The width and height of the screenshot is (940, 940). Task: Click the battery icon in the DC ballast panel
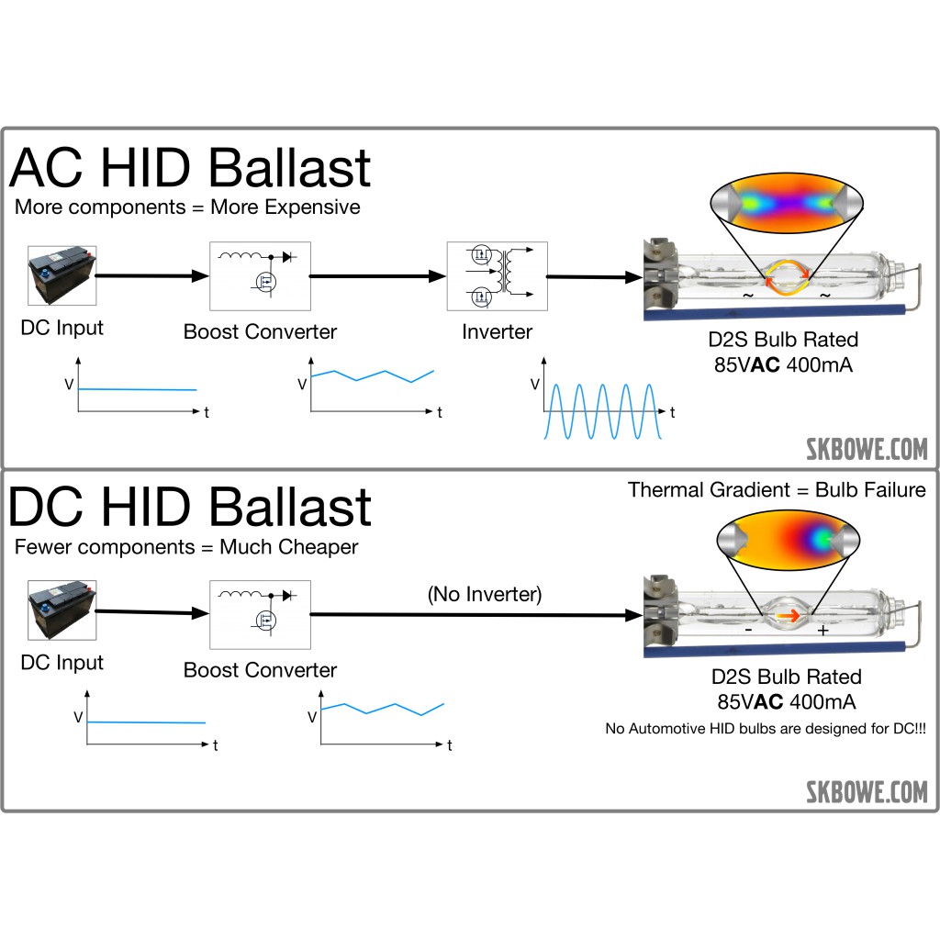pyautogui.click(x=62, y=611)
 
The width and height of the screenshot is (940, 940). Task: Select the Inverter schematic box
pyautogui.click(x=497, y=276)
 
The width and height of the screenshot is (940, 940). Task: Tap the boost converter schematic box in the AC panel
pyautogui.click(x=261, y=276)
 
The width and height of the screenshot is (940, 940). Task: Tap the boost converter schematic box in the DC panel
pyautogui.click(x=261, y=615)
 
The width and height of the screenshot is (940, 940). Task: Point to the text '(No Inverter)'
pyautogui.click(x=485, y=594)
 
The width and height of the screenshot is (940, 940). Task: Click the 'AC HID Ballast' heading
pyautogui.click(x=190, y=168)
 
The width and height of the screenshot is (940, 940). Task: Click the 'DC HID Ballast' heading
pyautogui.click(x=190, y=507)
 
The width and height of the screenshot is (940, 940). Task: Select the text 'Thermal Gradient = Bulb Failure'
pyautogui.click(x=777, y=489)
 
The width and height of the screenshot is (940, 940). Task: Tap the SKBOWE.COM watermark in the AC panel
pyautogui.click(x=867, y=450)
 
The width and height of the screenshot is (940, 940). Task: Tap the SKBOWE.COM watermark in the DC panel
pyautogui.click(x=867, y=791)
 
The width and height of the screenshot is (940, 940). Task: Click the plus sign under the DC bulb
pyautogui.click(x=822, y=631)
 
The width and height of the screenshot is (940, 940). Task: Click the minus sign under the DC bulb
pyautogui.click(x=749, y=631)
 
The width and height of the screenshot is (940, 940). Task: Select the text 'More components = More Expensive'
pyautogui.click(x=187, y=207)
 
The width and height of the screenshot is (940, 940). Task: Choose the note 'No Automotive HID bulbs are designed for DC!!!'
pyautogui.click(x=765, y=729)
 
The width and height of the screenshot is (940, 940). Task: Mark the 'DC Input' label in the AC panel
pyautogui.click(x=62, y=327)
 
